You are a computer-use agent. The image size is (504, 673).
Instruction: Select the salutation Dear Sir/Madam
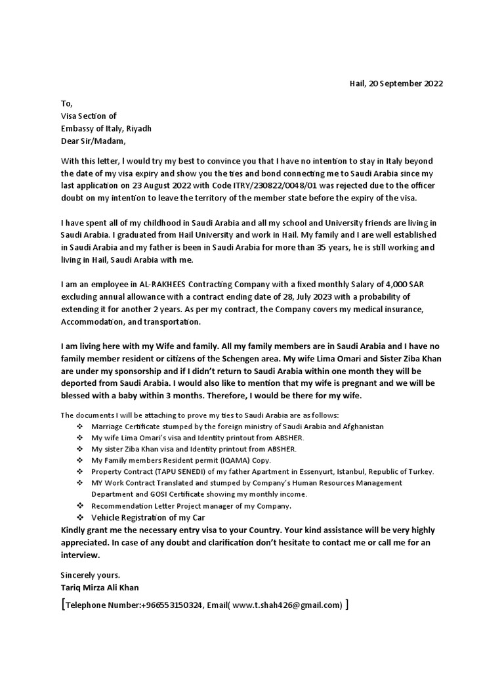(x=92, y=141)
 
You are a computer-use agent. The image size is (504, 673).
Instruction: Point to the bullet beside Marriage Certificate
(x=79, y=427)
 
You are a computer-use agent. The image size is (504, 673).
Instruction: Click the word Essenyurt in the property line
(x=321, y=472)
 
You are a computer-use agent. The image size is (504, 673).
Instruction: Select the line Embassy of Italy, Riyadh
(x=106, y=129)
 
